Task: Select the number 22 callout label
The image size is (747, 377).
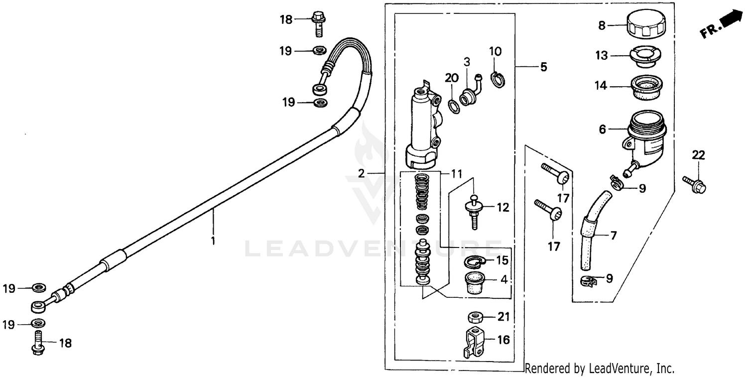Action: [x=698, y=156]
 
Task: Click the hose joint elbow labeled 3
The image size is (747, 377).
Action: [x=470, y=93]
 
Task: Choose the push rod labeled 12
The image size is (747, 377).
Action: [x=474, y=209]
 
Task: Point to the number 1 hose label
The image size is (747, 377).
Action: [x=213, y=241]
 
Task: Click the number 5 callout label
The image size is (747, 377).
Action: [x=543, y=67]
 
